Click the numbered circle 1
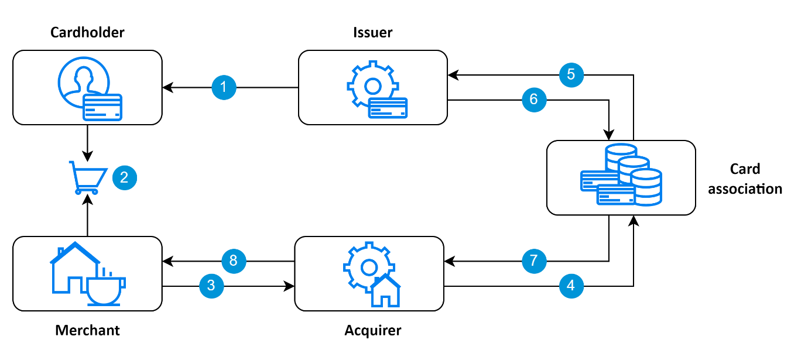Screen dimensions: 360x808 (224, 88)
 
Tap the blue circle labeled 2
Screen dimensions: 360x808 (124, 177)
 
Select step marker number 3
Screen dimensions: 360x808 (211, 286)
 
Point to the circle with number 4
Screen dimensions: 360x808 (571, 286)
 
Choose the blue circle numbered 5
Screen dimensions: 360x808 (571, 75)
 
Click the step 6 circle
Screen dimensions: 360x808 (534, 100)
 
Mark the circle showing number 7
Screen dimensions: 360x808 (534, 260)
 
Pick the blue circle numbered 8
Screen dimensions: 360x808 (234, 260)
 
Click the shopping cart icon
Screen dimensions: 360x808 (88, 176)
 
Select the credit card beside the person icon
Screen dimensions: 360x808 (102, 107)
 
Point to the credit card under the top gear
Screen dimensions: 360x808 (388, 108)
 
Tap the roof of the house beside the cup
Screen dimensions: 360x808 (75, 251)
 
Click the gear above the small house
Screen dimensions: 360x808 (368, 266)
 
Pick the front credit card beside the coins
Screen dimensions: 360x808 (615, 194)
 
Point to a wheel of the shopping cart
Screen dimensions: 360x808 (78, 191)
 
